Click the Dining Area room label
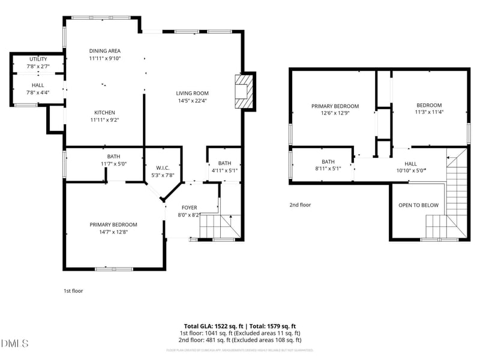(x=105, y=51)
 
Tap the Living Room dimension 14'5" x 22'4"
(x=192, y=101)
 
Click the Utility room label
(x=38, y=59)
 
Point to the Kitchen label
(x=105, y=112)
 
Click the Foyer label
(x=189, y=208)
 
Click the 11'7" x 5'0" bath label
(x=113, y=163)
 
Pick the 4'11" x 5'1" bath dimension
(x=224, y=170)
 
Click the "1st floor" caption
(x=73, y=291)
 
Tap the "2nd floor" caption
(x=300, y=205)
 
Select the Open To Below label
(x=418, y=205)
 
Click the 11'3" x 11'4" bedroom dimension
(x=429, y=112)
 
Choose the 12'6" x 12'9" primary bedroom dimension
(x=335, y=113)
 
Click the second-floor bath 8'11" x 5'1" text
(x=328, y=169)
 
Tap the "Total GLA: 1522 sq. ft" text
(x=212, y=326)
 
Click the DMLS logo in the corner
(x=16, y=343)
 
